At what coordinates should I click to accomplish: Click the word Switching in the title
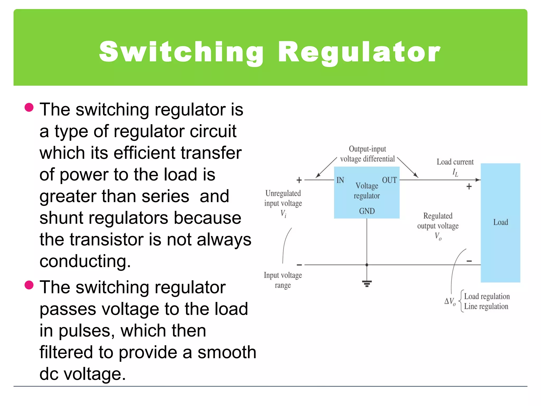(181, 52)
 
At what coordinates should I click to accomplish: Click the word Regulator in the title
(359, 52)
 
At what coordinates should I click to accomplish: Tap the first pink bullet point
(29, 108)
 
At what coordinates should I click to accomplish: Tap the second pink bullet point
(29, 285)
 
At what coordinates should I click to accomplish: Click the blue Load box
(500, 223)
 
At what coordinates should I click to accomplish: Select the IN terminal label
(340, 180)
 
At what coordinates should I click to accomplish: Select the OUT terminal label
(389, 180)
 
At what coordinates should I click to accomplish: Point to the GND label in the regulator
(367, 211)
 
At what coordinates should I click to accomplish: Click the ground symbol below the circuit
(367, 284)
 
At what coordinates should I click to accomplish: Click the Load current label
(455, 162)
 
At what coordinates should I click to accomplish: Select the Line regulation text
(486, 306)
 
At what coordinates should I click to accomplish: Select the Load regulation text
(487, 296)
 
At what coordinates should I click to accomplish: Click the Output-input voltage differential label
(367, 154)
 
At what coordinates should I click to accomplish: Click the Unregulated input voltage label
(283, 198)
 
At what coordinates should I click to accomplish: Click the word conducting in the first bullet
(85, 261)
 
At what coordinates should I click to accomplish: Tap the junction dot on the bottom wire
(367, 265)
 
